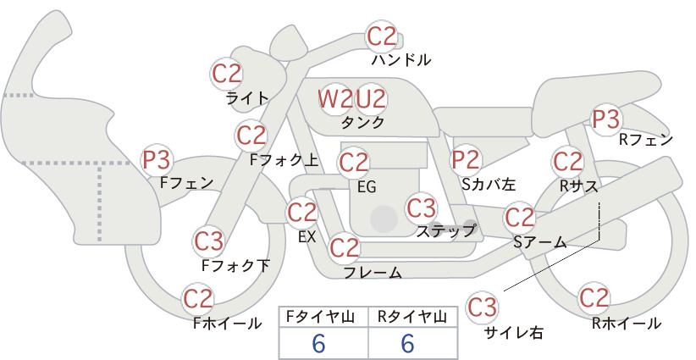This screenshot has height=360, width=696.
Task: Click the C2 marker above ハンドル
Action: [x=382, y=36]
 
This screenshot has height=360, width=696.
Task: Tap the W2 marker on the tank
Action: [x=334, y=99]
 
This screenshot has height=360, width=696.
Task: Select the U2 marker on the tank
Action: [x=371, y=99]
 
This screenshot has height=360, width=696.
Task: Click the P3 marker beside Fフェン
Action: [x=157, y=160]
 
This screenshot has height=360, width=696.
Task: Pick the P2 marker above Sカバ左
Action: [x=466, y=160]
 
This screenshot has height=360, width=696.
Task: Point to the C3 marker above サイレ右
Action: [x=482, y=307]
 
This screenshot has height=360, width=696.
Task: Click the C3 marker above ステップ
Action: [x=421, y=208]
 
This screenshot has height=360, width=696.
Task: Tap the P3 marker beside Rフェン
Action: [x=606, y=119]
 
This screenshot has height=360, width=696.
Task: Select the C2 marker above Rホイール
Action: [x=594, y=298]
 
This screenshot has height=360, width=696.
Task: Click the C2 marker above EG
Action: [x=353, y=163]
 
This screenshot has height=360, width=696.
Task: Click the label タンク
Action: [x=362, y=123]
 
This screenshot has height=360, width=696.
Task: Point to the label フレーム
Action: [x=373, y=273]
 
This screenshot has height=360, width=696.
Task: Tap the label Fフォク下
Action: [x=235, y=265]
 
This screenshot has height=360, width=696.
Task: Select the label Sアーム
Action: [x=540, y=242]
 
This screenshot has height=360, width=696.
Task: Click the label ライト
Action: [x=246, y=97]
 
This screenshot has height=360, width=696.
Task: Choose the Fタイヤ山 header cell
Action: [x=323, y=317]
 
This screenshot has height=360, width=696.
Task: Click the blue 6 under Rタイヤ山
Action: [x=407, y=343]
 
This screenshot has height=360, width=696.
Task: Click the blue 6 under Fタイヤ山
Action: [x=318, y=343]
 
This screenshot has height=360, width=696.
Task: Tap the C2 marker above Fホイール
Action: [x=198, y=299]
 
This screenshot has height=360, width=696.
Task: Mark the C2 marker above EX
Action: [x=301, y=212]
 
